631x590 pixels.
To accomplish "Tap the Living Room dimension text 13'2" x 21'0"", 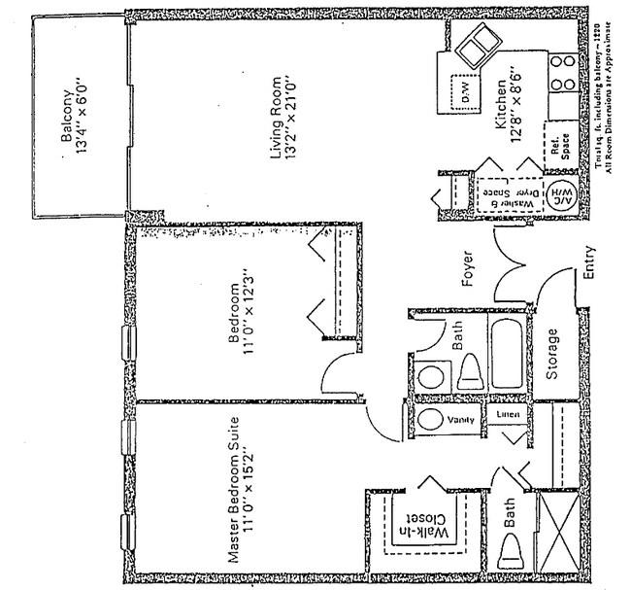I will pos(292,120).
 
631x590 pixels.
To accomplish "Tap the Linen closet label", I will pos(509,415).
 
